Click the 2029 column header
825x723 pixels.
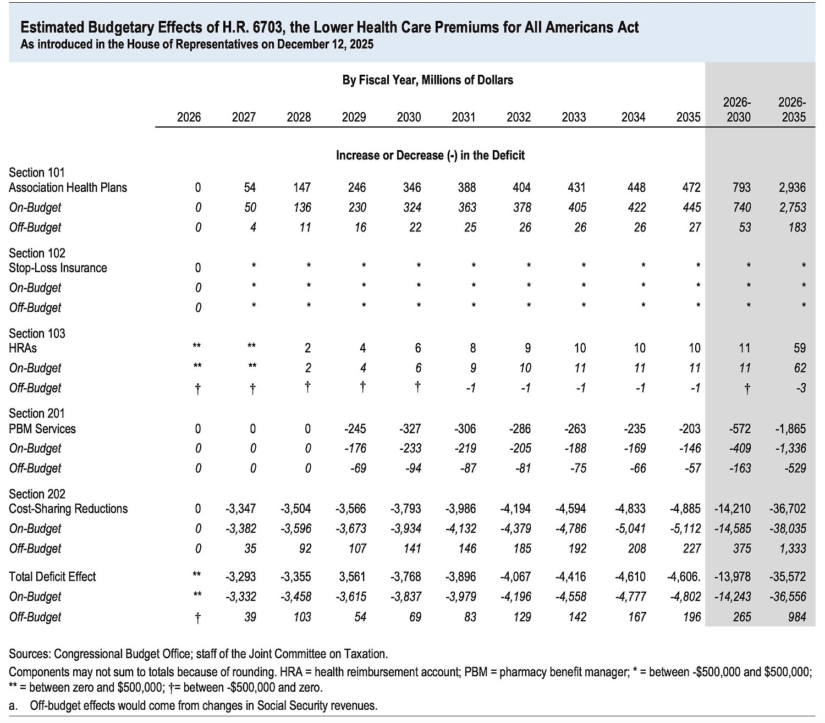coord(354,117)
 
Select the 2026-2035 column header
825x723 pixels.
coord(792,110)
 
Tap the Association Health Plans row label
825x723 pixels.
coord(68,187)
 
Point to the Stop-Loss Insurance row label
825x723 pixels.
coord(58,268)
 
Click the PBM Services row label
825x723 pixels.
coord(42,429)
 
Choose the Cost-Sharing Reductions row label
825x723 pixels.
coord(68,509)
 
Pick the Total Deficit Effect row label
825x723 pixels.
coord(52,577)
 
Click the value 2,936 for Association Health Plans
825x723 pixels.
coord(792,187)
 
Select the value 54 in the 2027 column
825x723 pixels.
coord(250,187)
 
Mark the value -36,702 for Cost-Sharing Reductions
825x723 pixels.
coord(788,509)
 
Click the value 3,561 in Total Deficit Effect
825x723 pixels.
coord(353,577)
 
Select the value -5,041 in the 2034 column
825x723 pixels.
coord(630,529)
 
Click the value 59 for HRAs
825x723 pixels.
coord(800,348)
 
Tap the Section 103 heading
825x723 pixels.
coord(37,333)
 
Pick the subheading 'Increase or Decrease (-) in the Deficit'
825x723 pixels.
coord(430,156)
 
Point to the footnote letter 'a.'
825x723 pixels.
coord(13,706)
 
